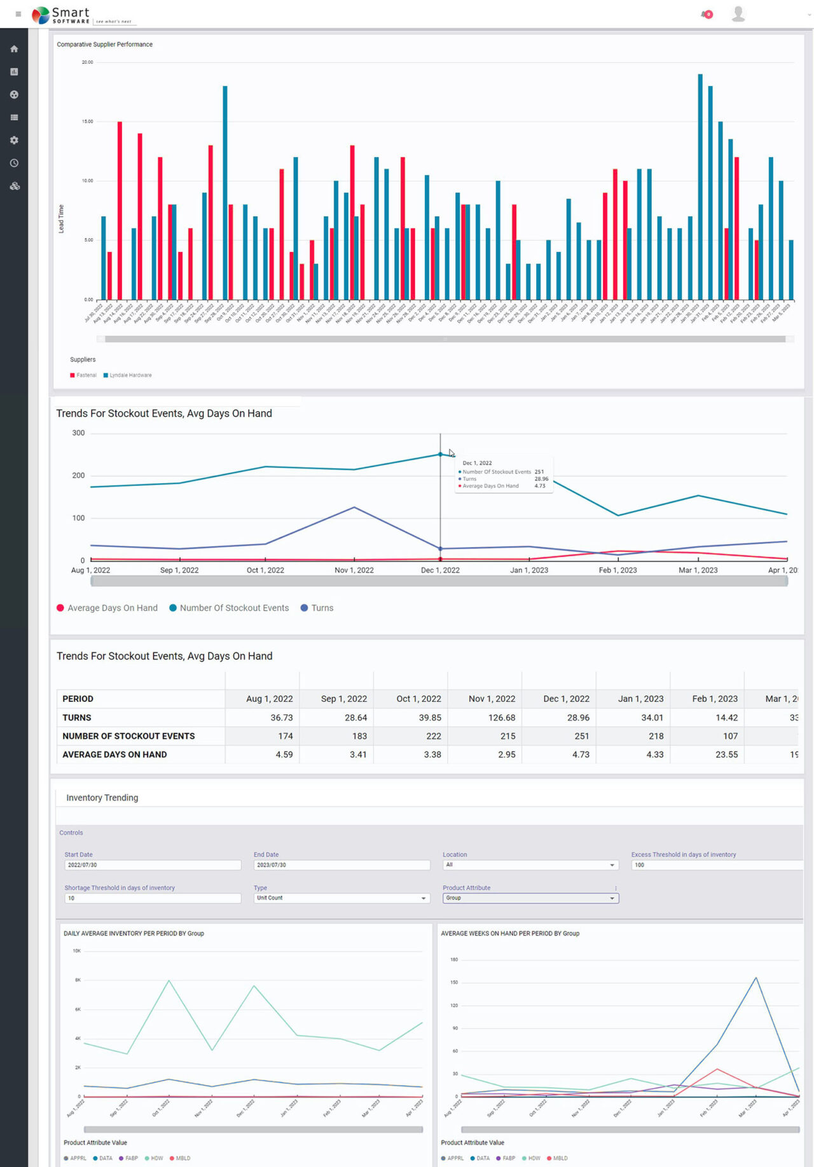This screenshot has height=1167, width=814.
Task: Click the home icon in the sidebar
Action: [14, 49]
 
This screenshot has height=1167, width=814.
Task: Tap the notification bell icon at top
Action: [706, 14]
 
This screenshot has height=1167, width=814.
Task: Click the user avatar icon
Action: [738, 13]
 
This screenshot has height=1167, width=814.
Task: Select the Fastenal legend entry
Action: [83, 375]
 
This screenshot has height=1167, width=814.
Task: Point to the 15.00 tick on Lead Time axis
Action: [87, 122]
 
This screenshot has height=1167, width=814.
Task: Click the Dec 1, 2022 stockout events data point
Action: [440, 454]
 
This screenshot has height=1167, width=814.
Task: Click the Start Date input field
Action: [153, 865]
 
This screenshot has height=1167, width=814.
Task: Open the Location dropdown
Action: [530, 865]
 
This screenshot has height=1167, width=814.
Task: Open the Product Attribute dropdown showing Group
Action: [530, 898]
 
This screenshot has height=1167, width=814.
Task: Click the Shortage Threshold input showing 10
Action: [153, 898]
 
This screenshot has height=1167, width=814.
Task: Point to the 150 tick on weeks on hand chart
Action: [454, 982]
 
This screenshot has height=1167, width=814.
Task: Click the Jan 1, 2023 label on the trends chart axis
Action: [529, 570]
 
